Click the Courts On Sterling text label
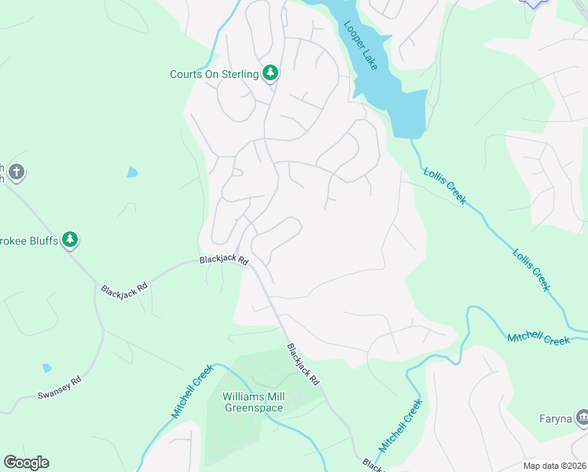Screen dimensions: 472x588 [214, 75]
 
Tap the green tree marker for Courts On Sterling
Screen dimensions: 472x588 [270, 74]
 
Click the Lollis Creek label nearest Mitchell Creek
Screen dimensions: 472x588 [531, 270]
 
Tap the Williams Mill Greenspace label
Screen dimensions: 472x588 [254, 402]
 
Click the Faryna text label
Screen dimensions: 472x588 [554, 418]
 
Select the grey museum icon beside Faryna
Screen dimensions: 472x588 [581, 417]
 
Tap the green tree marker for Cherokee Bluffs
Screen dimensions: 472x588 [70, 239]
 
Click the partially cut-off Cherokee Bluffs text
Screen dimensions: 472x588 [29, 240]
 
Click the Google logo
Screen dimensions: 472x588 [26, 463]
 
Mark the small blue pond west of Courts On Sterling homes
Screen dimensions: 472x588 [132, 171]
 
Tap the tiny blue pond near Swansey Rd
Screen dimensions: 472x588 [47, 367]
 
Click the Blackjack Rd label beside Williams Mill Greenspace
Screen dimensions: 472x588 [303, 364]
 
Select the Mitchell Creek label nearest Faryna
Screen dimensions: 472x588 [538, 337]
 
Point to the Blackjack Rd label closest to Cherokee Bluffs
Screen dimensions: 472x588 [124, 289]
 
